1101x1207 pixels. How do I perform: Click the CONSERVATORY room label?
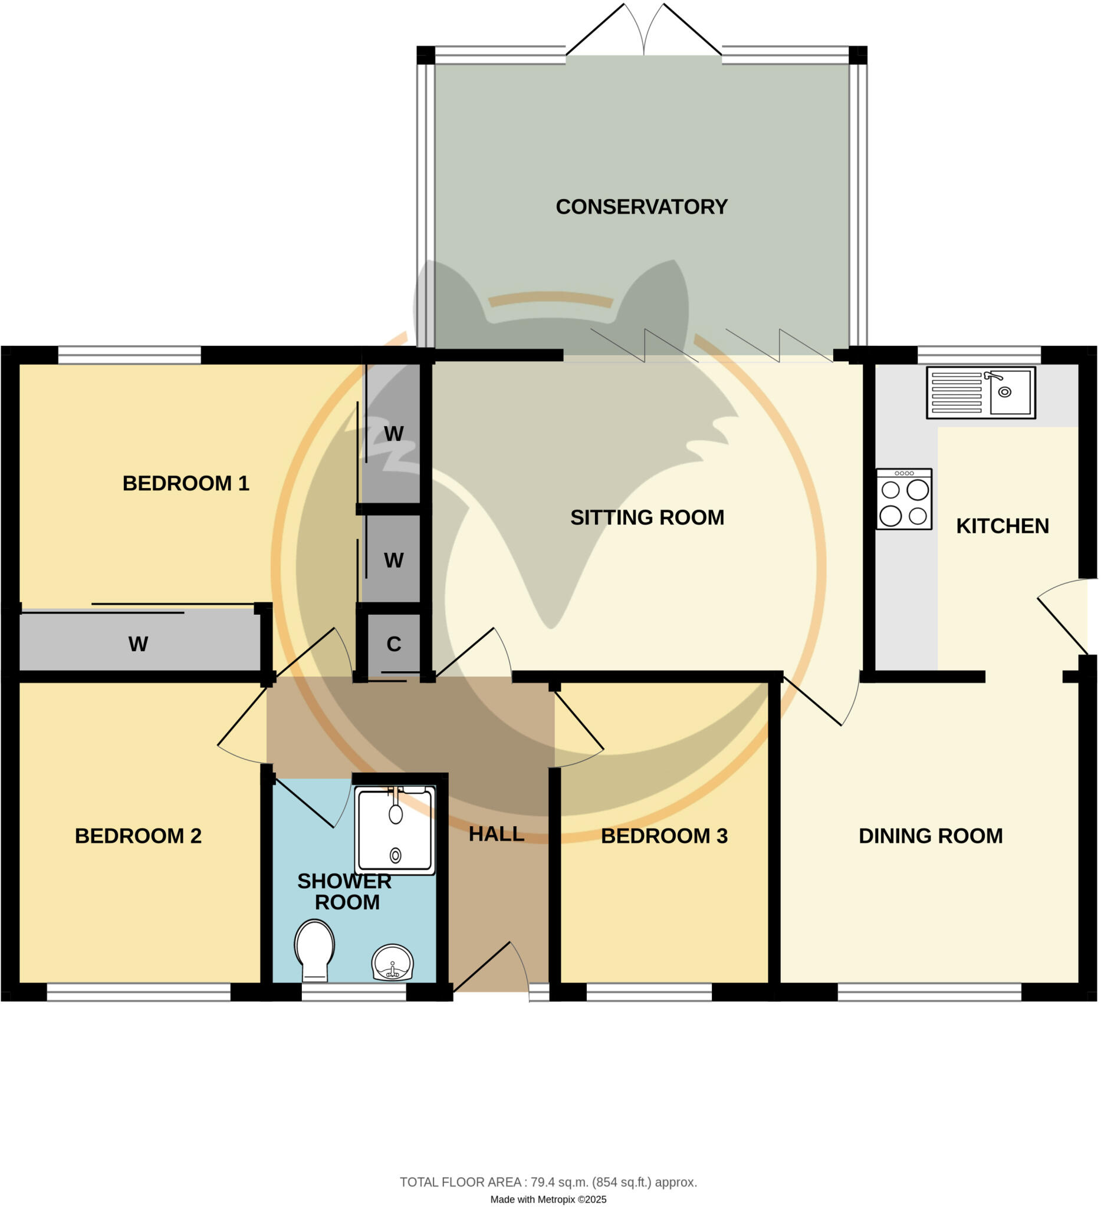click(x=642, y=207)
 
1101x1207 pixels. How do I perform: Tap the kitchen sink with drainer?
click(x=981, y=393)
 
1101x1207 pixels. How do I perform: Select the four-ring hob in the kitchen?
click(x=904, y=499)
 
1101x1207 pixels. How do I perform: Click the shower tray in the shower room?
click(x=395, y=830)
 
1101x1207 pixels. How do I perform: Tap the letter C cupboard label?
click(x=393, y=645)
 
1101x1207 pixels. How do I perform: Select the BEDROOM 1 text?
click(x=186, y=484)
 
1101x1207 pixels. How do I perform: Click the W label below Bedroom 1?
click(x=139, y=645)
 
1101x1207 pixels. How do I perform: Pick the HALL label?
click(x=496, y=834)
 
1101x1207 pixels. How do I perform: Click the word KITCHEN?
click(x=1002, y=526)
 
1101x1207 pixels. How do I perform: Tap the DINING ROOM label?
click(x=931, y=836)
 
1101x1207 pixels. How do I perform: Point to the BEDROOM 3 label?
click(x=663, y=836)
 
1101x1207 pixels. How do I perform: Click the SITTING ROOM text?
click(x=647, y=518)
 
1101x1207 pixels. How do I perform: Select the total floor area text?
click(x=548, y=1182)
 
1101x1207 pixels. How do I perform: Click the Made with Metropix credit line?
click(x=548, y=1199)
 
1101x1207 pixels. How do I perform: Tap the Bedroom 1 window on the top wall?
click(x=129, y=355)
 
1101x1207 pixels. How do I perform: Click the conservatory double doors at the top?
click(x=643, y=36)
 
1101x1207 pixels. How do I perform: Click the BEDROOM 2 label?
click(x=138, y=836)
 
